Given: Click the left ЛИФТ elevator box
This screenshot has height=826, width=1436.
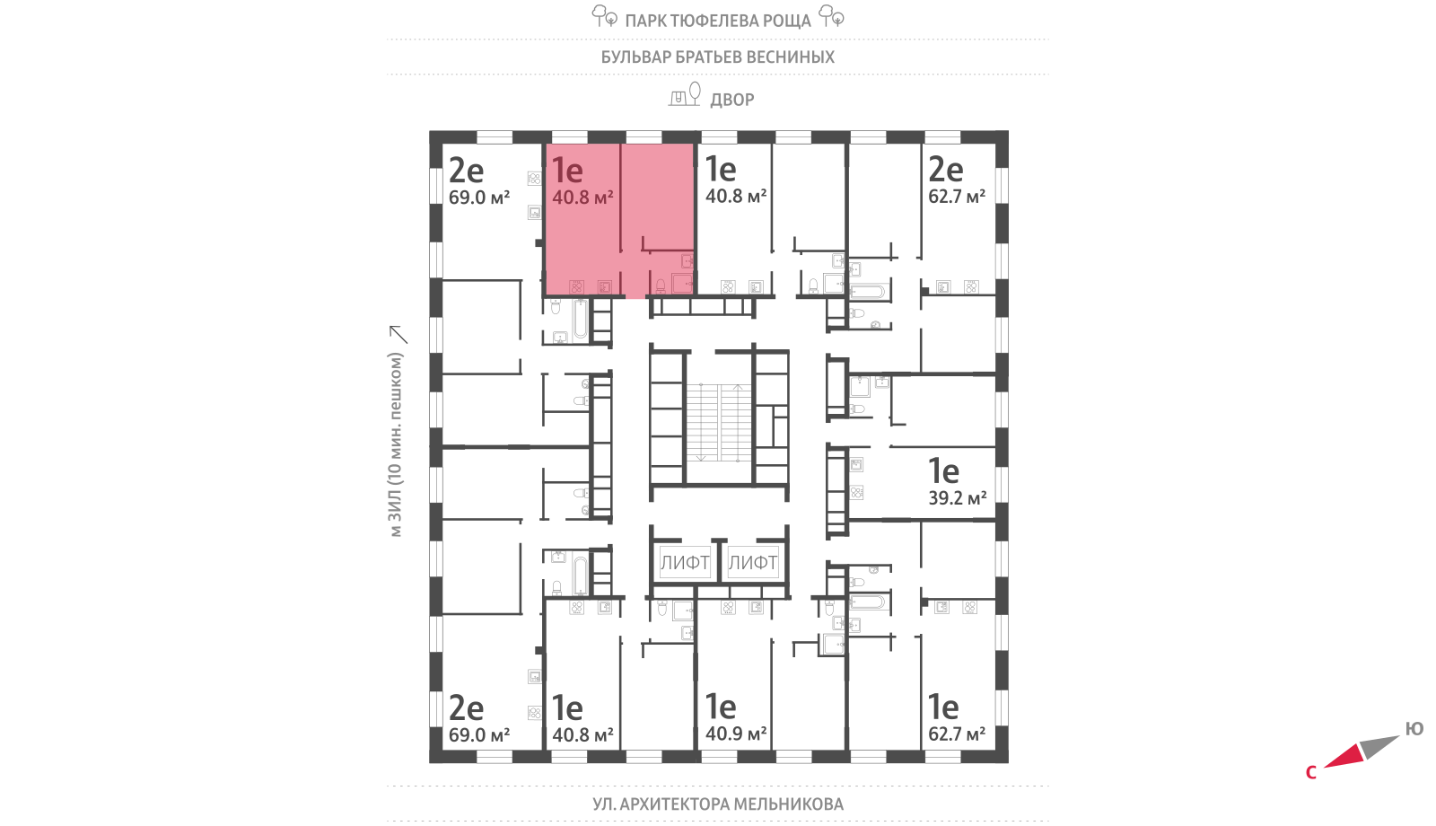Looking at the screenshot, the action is pyautogui.click(x=685, y=562).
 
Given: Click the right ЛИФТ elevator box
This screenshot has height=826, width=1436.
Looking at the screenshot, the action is pyautogui.click(x=753, y=562).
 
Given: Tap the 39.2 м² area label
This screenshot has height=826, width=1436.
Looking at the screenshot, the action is pyautogui.click(x=957, y=497).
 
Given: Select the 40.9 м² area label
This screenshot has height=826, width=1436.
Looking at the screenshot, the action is pyautogui.click(x=736, y=733).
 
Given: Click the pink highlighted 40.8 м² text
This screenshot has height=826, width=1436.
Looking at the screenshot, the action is pyautogui.click(x=582, y=197).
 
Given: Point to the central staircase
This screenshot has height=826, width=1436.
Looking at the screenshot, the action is pyautogui.click(x=719, y=423).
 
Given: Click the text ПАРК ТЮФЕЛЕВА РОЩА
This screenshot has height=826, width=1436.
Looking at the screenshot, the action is pyautogui.click(x=718, y=22).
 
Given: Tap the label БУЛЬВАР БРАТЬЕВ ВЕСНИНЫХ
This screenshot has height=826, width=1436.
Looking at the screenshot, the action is pyautogui.click(x=717, y=57).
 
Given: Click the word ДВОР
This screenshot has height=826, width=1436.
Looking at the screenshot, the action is pyautogui.click(x=732, y=100).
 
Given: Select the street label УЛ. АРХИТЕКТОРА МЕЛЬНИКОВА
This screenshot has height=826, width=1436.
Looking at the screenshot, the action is pyautogui.click(x=718, y=804).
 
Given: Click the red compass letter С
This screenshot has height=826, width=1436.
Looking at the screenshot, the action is pyautogui.click(x=1311, y=773).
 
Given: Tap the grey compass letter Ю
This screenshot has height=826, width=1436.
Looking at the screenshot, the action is pyautogui.click(x=1414, y=728).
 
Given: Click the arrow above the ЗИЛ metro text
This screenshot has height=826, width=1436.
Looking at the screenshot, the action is pyautogui.click(x=398, y=335).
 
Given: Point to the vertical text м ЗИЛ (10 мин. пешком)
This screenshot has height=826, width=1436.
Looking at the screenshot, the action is pyautogui.click(x=396, y=444).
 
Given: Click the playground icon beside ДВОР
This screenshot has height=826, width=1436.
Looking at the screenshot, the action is pyautogui.click(x=685, y=94).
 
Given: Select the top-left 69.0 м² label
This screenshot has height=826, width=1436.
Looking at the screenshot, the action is pyautogui.click(x=479, y=198).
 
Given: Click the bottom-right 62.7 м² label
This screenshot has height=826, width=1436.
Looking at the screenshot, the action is pyautogui.click(x=957, y=734).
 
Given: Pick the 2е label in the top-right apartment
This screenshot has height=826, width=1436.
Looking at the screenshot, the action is pyautogui.click(x=946, y=170).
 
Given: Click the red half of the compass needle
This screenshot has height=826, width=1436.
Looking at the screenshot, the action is pyautogui.click(x=1343, y=756).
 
